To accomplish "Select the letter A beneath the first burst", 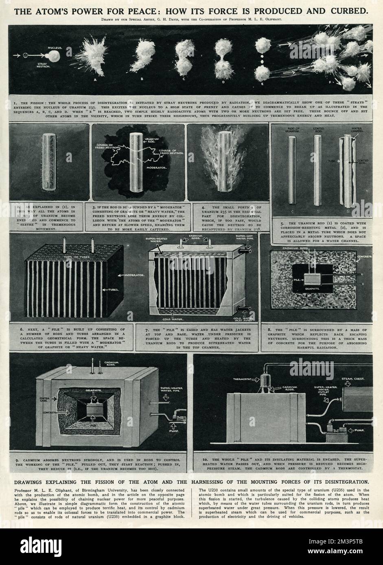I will click(95, 80).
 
